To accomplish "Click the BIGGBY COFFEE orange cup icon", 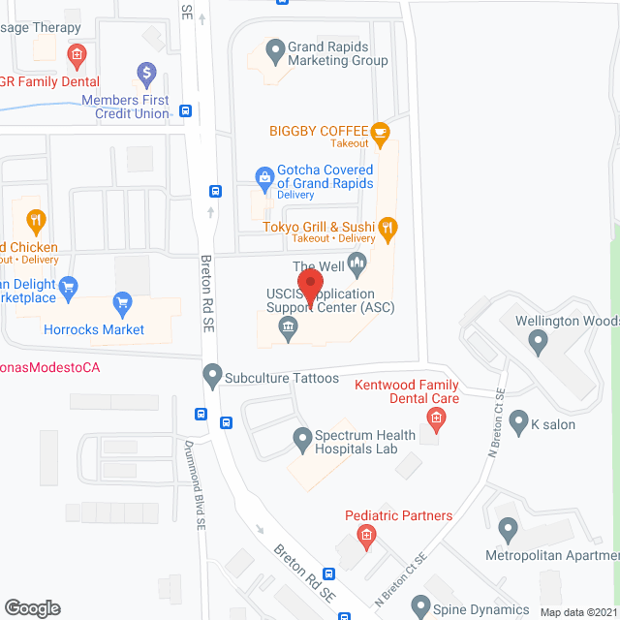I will pyautogui.click(x=380, y=131).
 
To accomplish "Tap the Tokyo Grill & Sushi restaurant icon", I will pyautogui.click(x=387, y=229).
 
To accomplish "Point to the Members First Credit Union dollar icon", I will pyautogui.click(x=146, y=72).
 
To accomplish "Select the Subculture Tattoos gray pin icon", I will pyautogui.click(x=211, y=374).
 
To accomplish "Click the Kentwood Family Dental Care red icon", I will pyautogui.click(x=436, y=418).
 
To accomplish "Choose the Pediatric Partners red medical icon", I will pyautogui.click(x=366, y=535).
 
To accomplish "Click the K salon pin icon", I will pyautogui.click(x=519, y=422).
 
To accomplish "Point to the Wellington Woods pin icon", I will pyautogui.click(x=539, y=339).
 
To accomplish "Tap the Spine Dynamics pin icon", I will pyautogui.click(x=419, y=607).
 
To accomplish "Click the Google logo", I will pyautogui.click(x=31, y=607).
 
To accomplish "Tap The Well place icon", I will pyautogui.click(x=356, y=262).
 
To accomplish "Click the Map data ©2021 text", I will pyautogui.click(x=577, y=612).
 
